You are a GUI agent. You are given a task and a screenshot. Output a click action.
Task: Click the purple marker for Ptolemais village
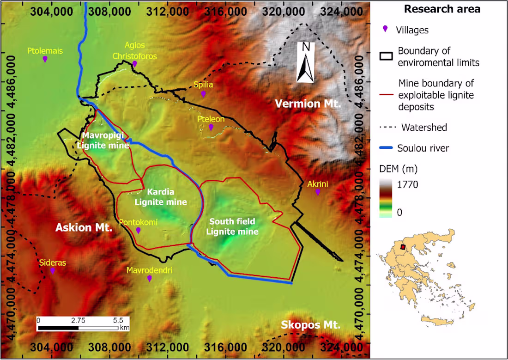tap(45, 59)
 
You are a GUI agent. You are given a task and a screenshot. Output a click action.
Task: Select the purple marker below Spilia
tap(203, 94)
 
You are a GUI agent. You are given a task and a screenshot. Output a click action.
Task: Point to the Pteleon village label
tap(211, 119)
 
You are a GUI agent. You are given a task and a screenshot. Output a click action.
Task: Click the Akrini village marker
tap(318, 192)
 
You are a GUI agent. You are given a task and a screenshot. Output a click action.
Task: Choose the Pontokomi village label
tap(138, 223)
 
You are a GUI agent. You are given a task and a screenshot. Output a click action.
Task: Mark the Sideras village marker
tap(53, 270)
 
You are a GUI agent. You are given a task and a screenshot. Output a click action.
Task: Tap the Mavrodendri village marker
tap(149, 278)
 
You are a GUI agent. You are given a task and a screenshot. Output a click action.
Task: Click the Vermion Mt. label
tap(308, 104)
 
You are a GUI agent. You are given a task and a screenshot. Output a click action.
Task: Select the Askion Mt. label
tap(84, 227)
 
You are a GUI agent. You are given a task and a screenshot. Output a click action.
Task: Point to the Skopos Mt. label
tap(311, 325)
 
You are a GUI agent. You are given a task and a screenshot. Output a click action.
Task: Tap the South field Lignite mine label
tap(232, 226)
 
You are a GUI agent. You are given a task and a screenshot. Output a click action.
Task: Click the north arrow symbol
tap(305, 62)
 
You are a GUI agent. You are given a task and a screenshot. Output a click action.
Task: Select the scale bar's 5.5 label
tap(117, 320)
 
